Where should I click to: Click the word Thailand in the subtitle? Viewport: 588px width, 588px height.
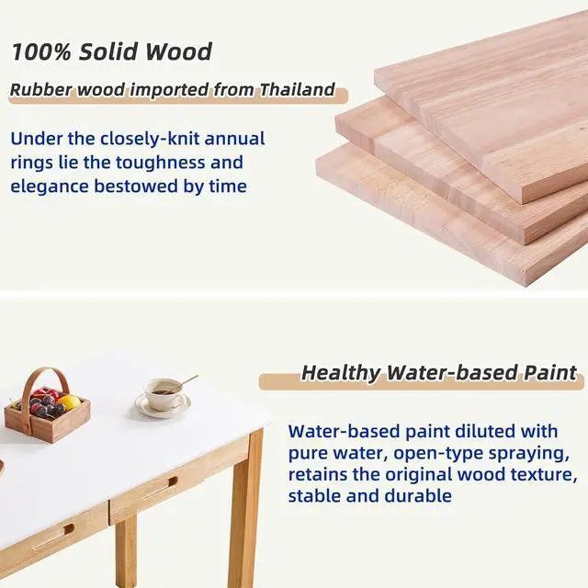pyautogui.click(x=296, y=91)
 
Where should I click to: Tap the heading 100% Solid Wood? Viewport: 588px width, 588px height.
pyautogui.click(x=111, y=51)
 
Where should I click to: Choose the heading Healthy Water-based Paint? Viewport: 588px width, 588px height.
pyautogui.click(x=439, y=373)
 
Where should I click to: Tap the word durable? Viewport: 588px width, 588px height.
pyautogui.click(x=421, y=496)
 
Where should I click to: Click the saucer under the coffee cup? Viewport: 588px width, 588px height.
pyautogui.click(x=163, y=406)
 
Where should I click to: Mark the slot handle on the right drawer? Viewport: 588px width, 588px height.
pyautogui.click(x=160, y=488)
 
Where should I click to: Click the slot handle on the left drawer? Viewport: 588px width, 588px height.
pyautogui.click(x=53, y=537)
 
